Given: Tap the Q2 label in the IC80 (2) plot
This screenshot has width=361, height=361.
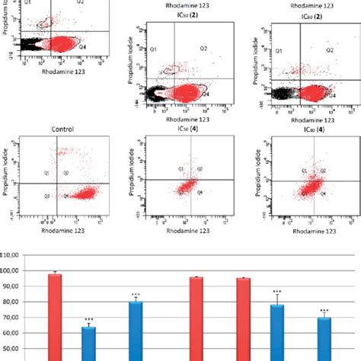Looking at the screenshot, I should pyautogui.click(x=330, y=50).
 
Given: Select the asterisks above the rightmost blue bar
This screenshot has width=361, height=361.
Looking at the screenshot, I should pyautogui.click(x=325, y=311).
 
